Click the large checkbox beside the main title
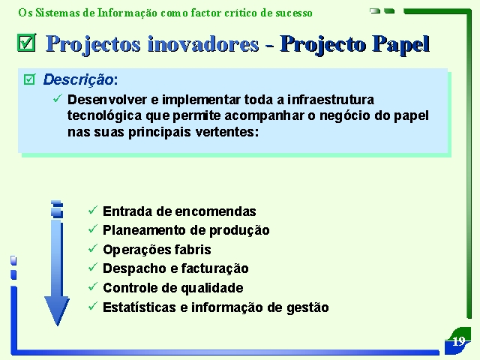(27, 42)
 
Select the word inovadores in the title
(203, 43)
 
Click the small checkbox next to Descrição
(30, 79)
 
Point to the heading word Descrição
(79, 79)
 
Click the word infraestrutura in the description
(331, 100)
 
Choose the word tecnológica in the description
(105, 116)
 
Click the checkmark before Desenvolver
(58, 98)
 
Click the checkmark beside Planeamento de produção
(93, 229)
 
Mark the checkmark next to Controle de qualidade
(93, 286)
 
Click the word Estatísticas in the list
(139, 307)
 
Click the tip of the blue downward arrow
(57, 325)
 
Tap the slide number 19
(458, 341)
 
